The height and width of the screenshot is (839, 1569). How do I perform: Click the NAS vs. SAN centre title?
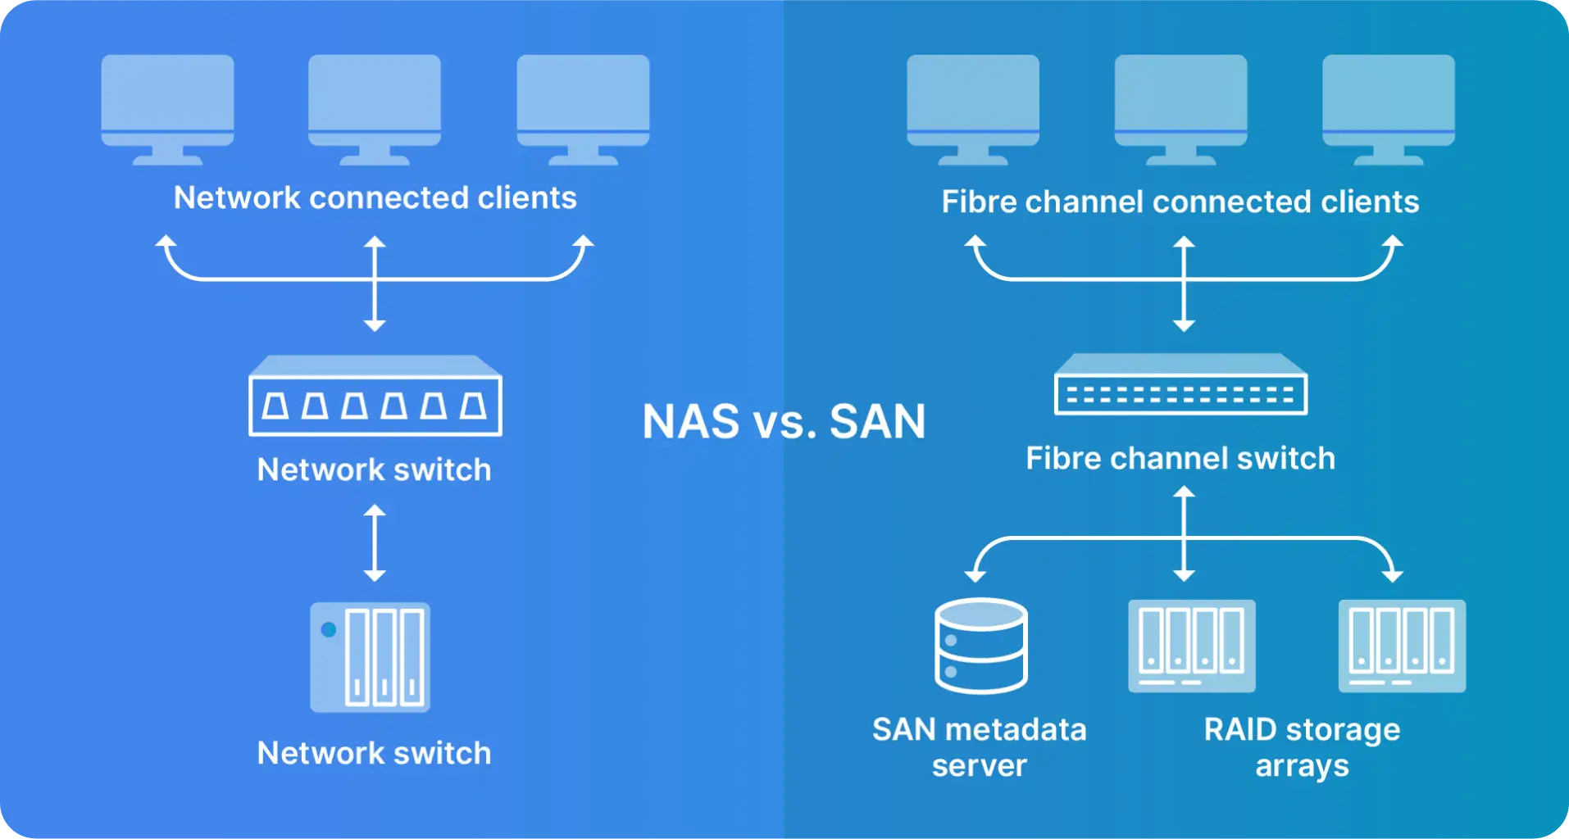[784, 422]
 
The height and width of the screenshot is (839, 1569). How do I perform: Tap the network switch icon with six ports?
[375, 396]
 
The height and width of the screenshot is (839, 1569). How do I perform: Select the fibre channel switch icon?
[1180, 385]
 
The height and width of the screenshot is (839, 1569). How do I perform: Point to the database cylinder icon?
[980, 646]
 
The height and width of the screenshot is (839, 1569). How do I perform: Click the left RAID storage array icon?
[1191, 646]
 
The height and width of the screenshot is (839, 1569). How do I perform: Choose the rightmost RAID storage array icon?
[1402, 646]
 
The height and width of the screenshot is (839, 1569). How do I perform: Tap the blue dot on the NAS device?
[329, 629]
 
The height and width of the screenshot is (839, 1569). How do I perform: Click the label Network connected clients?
[375, 197]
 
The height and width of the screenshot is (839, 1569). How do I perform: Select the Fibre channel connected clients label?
[1180, 202]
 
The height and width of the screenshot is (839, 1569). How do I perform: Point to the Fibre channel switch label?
[1180, 458]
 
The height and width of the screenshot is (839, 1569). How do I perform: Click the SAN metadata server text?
[979, 746]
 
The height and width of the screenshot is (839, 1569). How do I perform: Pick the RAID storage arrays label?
[1302, 746]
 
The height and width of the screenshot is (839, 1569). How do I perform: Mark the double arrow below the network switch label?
[375, 542]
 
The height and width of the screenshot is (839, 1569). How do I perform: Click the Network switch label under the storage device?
[374, 753]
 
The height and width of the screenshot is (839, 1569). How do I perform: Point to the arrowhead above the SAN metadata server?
[975, 574]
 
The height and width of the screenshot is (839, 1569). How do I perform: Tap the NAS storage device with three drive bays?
[371, 657]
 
